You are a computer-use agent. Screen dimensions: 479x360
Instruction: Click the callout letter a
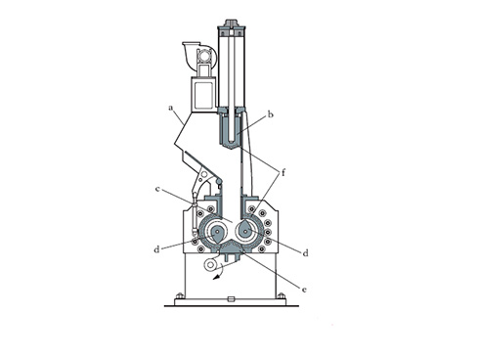tap(170, 108)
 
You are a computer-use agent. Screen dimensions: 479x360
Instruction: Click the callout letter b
tap(270, 114)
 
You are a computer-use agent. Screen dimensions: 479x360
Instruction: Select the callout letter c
tap(157, 189)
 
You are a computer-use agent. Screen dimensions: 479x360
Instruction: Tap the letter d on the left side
tap(156, 249)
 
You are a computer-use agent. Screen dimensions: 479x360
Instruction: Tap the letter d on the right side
tap(305, 253)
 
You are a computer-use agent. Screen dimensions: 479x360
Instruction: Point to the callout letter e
tap(304, 290)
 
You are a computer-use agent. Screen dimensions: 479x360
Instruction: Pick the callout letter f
tap(283, 172)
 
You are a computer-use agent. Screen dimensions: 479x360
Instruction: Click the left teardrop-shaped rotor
tap(216, 234)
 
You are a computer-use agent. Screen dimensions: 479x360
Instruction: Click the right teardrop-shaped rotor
tap(245, 230)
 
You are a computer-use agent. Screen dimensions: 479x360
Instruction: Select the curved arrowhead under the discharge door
tap(215, 278)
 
